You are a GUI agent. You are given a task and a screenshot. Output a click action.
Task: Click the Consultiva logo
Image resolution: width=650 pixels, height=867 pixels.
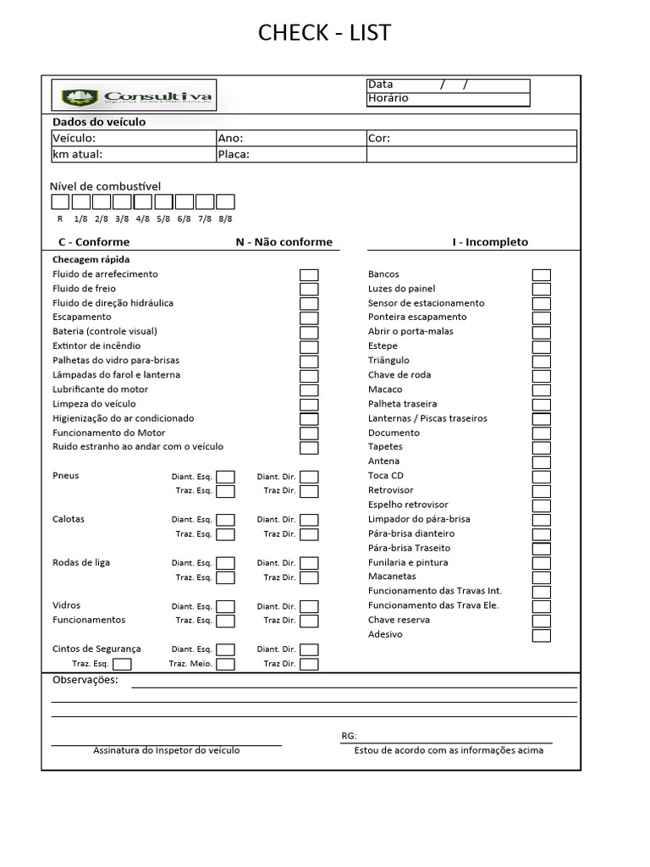click(133, 97)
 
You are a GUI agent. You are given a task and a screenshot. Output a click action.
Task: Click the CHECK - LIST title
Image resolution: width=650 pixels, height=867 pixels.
click(324, 33)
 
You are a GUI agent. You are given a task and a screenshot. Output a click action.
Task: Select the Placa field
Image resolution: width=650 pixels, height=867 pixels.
click(290, 154)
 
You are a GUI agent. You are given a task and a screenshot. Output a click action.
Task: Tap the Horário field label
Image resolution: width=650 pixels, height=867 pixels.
click(388, 98)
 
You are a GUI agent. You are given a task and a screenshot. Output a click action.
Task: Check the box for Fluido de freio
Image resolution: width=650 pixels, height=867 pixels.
click(309, 289)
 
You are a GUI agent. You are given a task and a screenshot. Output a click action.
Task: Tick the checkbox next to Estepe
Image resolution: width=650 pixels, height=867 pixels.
click(541, 346)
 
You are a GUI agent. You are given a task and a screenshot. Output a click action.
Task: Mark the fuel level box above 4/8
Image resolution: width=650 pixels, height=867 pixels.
click(142, 202)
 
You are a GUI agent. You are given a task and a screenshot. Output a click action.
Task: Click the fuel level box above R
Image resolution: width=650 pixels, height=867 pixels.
click(60, 202)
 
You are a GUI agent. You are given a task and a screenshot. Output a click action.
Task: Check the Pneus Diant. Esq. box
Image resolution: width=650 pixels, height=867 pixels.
click(225, 477)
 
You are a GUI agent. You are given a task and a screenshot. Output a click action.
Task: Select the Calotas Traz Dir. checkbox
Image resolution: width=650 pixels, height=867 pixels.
click(309, 534)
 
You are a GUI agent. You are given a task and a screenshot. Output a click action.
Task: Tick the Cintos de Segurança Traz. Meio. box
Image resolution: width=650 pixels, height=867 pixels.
click(225, 664)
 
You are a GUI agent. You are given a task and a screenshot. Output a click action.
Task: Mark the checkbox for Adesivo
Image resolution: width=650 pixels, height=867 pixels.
click(541, 635)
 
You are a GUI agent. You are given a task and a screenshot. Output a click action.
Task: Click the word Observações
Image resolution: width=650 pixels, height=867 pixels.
click(85, 681)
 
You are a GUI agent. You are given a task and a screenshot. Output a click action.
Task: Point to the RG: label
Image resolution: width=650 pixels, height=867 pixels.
click(349, 736)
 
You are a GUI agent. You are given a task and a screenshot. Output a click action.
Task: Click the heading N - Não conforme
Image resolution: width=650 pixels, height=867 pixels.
click(284, 242)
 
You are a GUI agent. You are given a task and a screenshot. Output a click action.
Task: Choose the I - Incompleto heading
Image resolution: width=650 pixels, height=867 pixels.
click(489, 242)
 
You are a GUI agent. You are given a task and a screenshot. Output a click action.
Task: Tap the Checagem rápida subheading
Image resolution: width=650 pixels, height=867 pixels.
click(91, 260)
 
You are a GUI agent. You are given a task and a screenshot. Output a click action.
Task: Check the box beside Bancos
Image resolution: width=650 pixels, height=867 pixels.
click(541, 274)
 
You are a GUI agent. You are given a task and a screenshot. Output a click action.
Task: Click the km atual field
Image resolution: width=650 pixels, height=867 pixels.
click(131, 154)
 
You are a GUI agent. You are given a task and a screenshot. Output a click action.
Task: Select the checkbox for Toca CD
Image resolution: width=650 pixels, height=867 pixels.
click(541, 476)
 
